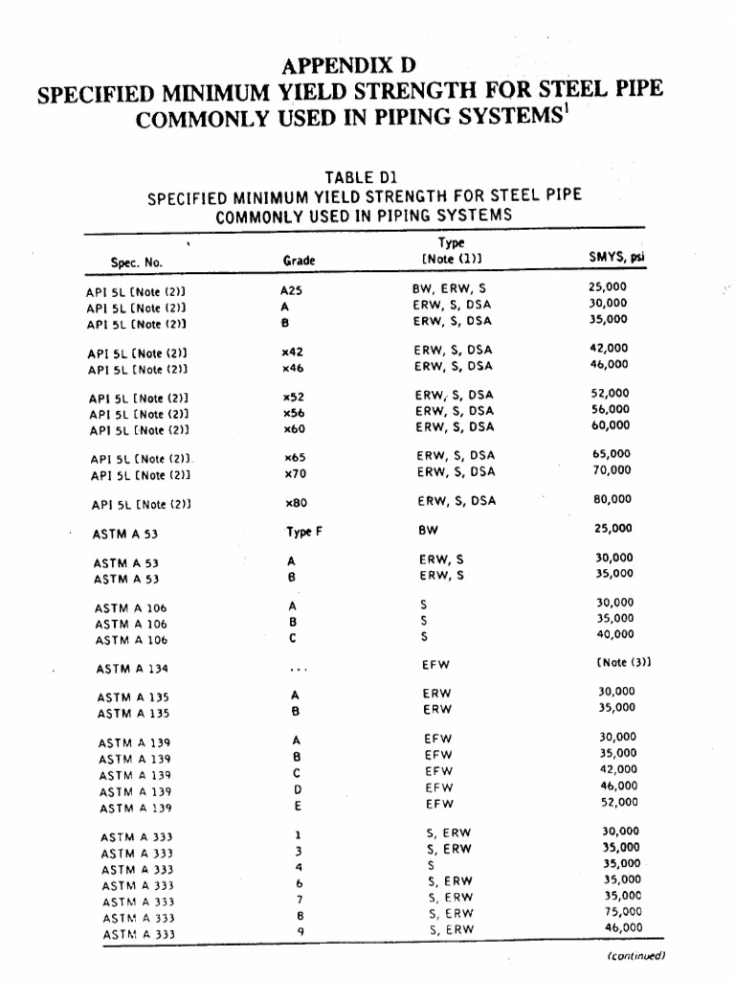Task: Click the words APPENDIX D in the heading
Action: click(x=349, y=66)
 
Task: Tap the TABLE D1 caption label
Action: click(x=360, y=177)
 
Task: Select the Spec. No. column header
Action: click(x=137, y=261)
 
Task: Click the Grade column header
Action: click(x=299, y=261)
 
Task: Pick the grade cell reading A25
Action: click(x=291, y=288)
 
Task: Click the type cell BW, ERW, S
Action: click(x=443, y=287)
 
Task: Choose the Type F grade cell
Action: click(x=304, y=530)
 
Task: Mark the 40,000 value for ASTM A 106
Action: click(x=614, y=634)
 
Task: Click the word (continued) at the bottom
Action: click(x=635, y=955)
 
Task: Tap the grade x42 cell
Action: click(x=293, y=352)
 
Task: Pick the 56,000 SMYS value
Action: click(x=611, y=409)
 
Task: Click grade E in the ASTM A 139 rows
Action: click(x=298, y=807)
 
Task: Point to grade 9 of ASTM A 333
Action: click(x=299, y=930)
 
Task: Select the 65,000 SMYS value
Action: click(x=611, y=454)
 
